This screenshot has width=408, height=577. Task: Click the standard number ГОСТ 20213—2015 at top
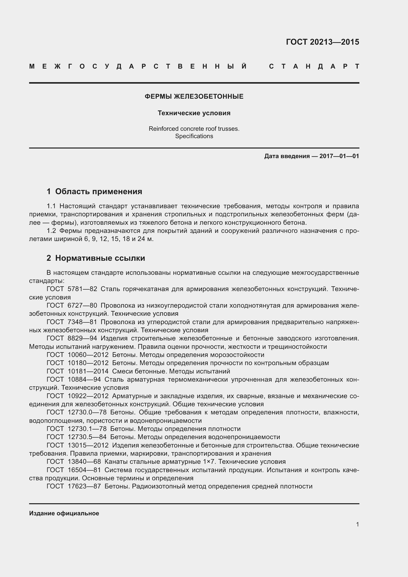pyautogui.click(x=322, y=42)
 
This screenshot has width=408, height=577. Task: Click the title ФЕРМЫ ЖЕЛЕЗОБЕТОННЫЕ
pyautogui.click(x=194, y=96)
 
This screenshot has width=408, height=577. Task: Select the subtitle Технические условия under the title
pyautogui.click(x=194, y=113)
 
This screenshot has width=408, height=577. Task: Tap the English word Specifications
pyautogui.click(x=194, y=136)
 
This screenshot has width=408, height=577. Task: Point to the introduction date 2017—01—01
pyautogui.click(x=339, y=156)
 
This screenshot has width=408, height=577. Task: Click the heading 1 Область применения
pyautogui.click(x=94, y=191)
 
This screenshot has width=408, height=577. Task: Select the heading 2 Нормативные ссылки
pyautogui.click(x=96, y=258)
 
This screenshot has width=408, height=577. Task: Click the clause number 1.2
pyautogui.click(x=51, y=231)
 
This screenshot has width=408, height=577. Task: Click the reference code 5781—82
pyautogui.click(x=82, y=289)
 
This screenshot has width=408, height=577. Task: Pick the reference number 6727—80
pyautogui.click(x=82, y=305)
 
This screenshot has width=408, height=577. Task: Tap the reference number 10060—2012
pyautogui.click(x=88, y=355)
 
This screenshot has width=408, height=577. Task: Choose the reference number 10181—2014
pyautogui.click(x=88, y=371)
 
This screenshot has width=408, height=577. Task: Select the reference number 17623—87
pyautogui.click(x=84, y=486)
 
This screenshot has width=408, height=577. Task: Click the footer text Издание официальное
pyautogui.click(x=64, y=513)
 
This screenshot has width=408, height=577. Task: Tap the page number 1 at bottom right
pyautogui.click(x=357, y=524)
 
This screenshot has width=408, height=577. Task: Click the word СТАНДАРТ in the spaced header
pyautogui.click(x=314, y=66)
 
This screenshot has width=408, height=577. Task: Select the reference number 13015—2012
pyautogui.click(x=88, y=445)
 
